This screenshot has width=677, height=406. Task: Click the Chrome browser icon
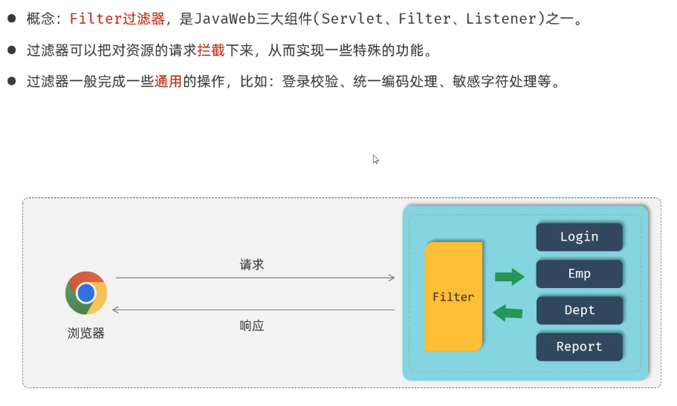point(86,293)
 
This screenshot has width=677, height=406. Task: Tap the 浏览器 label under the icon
point(86,333)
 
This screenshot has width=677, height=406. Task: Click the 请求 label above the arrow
point(252,264)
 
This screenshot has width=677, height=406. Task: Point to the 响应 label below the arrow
point(252,325)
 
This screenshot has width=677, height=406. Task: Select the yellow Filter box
point(453,296)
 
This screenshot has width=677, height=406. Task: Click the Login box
point(579,237)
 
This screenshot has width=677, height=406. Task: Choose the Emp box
point(579,273)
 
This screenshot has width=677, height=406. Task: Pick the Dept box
point(579,310)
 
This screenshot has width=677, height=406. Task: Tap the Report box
point(579,346)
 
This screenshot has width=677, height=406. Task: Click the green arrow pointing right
point(510,278)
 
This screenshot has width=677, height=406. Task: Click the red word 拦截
point(210,50)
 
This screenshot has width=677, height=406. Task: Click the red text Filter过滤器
point(117,19)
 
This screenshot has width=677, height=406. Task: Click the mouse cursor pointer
point(376,159)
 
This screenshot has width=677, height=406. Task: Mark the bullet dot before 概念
point(12,19)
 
